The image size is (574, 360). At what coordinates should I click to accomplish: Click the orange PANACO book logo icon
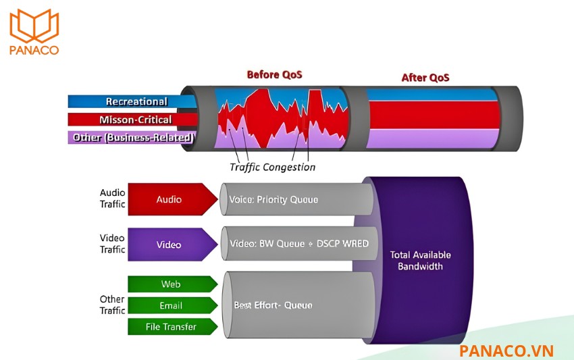34,26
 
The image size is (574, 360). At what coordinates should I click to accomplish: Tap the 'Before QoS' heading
275,75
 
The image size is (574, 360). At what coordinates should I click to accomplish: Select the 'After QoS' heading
425,78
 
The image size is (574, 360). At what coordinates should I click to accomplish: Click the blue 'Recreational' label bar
132,101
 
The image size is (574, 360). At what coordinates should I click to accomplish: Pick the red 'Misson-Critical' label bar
132,120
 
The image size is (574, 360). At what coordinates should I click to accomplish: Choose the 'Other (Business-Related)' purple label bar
132,137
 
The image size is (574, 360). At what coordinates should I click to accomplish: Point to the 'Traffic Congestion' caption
272,168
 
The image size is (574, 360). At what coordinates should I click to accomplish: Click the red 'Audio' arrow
172,199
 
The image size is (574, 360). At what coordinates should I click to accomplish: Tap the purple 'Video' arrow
172,245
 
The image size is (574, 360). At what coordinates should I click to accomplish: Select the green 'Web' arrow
172,284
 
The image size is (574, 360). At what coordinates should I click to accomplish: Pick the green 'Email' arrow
172,305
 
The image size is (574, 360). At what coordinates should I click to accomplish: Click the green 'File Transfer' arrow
172,327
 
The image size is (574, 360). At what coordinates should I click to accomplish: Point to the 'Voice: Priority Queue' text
273,200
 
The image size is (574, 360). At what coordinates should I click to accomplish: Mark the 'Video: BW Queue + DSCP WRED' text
299,244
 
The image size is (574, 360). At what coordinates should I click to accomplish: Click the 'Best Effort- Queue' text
273,305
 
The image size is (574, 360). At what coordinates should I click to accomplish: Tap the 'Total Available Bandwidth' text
420,261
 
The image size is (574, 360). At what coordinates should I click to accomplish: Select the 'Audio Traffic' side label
112,198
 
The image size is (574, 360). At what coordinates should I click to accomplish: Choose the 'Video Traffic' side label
112,244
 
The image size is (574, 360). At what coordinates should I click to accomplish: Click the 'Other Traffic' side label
112,305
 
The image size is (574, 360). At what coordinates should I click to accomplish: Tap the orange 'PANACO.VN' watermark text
506,351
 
